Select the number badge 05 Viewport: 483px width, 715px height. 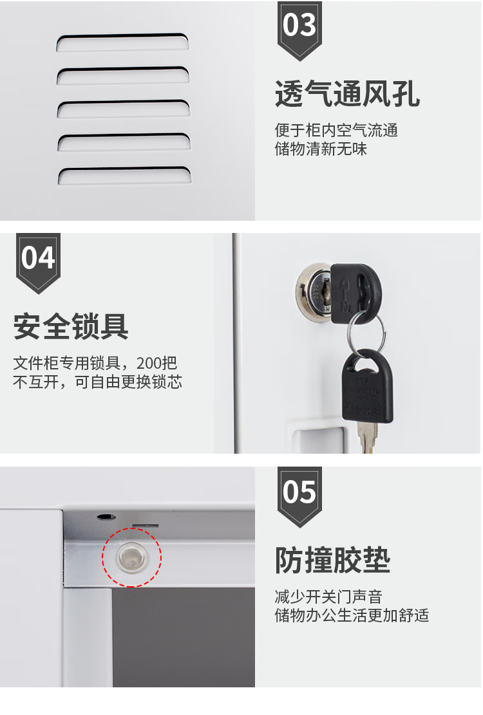point(299,497)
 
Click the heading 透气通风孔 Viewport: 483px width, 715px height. point(347,94)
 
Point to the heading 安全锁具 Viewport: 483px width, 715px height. point(71,326)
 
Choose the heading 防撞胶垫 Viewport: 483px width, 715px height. point(332,560)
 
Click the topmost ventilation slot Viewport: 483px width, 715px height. point(123,41)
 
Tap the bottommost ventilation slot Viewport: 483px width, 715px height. point(124,176)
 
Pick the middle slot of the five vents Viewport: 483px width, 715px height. point(123,109)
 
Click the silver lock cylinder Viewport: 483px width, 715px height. point(314,289)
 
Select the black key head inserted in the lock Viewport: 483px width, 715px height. point(354,293)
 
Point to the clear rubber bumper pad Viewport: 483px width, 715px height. point(132,557)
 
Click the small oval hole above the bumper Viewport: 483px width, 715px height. point(106,517)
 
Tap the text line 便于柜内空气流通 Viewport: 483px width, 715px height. point(336,131)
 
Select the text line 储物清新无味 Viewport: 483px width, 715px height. point(321,149)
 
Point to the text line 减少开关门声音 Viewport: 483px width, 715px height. point(328,597)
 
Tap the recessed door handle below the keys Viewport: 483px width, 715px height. point(319,440)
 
